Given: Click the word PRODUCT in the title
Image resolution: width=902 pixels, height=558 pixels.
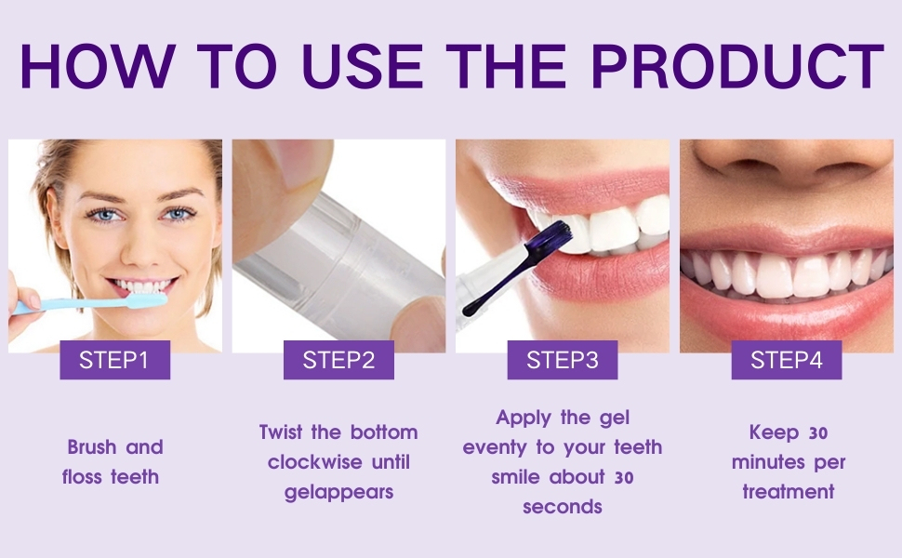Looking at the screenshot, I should [738, 67].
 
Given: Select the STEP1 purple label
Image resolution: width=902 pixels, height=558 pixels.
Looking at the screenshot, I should [114, 360].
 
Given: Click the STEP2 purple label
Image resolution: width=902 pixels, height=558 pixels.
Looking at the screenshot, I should [338, 360].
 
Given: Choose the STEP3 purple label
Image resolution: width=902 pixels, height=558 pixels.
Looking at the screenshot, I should [562, 360].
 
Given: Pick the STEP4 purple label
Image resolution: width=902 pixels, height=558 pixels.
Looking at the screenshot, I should [786, 360].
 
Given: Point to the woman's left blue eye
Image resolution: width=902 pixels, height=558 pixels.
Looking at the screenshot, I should [177, 214].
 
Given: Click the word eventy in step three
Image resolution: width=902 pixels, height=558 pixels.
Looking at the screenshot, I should [495, 447].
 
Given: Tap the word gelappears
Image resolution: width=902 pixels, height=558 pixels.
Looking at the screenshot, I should [338, 492].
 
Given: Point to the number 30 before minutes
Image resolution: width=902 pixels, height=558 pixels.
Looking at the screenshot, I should [817, 432].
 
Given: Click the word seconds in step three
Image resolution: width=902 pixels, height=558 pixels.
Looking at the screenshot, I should [562, 507].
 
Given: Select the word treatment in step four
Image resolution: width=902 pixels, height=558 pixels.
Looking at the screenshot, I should [788, 492].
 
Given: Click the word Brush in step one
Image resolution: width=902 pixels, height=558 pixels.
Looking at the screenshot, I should [91, 447].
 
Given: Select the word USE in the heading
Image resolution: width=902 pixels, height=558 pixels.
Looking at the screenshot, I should [345, 67].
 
